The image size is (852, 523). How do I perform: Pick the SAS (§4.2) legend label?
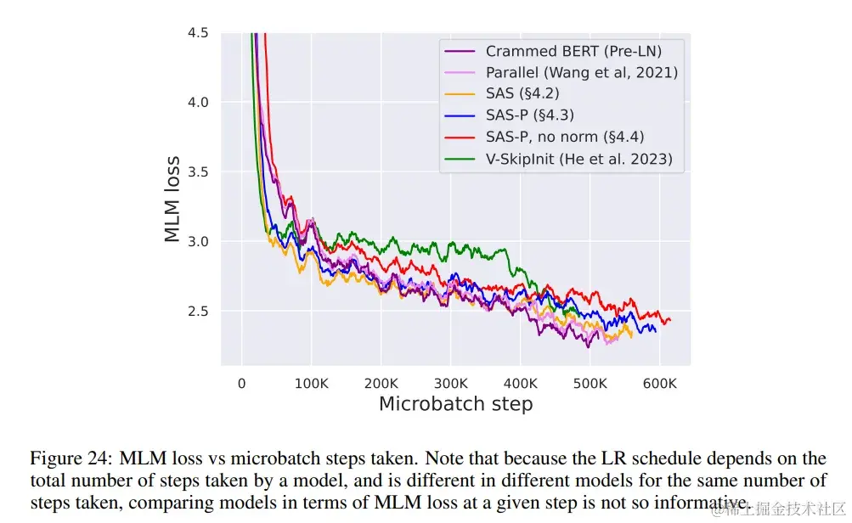[x=522, y=93]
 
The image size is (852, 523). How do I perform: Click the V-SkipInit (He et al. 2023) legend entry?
[x=578, y=158]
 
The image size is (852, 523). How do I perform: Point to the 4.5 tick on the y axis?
[x=198, y=33]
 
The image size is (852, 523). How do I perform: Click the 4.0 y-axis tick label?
[x=198, y=103]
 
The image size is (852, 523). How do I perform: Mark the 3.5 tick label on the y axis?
[x=198, y=172]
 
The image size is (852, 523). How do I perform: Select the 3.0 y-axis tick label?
[x=198, y=242]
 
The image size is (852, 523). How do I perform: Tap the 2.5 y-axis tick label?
[x=198, y=312]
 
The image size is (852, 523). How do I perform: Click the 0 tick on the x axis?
[x=242, y=383]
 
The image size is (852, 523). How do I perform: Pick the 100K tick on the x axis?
[x=312, y=383]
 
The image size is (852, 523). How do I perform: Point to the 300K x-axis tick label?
[x=451, y=383]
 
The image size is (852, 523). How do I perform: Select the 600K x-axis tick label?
[x=659, y=383]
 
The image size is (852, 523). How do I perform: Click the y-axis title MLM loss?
[x=172, y=199]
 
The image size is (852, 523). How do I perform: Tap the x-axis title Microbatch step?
[x=455, y=404]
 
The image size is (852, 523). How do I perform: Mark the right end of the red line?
[x=670, y=320]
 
